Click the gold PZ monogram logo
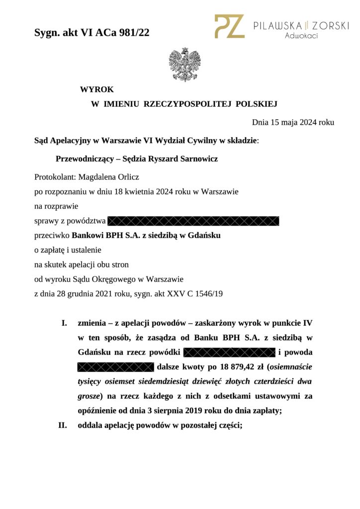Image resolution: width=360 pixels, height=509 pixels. click(229, 26)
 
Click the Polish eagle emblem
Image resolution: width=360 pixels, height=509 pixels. click(184, 64)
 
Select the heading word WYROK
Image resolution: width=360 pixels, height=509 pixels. click(97, 89)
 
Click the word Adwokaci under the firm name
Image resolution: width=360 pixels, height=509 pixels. click(301, 36)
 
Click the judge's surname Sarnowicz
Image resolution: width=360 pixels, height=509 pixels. click(195, 159)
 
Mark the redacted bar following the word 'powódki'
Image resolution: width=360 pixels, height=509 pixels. click(229, 353)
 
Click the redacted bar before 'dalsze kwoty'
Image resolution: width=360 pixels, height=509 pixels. click(115, 368)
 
